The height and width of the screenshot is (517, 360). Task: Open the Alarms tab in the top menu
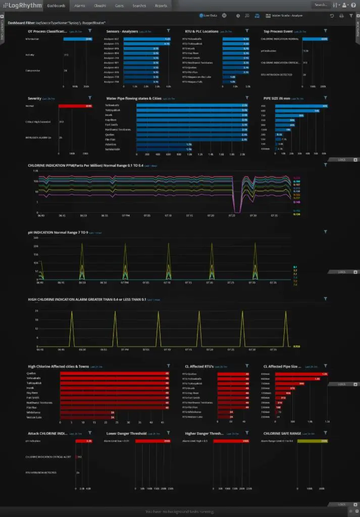tap(79, 6)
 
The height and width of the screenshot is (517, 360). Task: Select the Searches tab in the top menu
tap(139, 6)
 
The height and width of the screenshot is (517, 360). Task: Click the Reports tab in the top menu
tap(161, 6)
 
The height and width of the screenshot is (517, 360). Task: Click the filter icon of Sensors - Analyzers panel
tap(168, 31)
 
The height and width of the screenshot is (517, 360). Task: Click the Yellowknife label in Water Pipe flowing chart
tap(112, 105)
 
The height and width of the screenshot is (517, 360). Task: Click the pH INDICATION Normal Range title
tap(58, 233)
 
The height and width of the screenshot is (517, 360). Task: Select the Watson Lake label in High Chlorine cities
tap(34, 417)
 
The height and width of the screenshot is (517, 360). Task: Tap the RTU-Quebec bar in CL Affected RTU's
tap(234, 374)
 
